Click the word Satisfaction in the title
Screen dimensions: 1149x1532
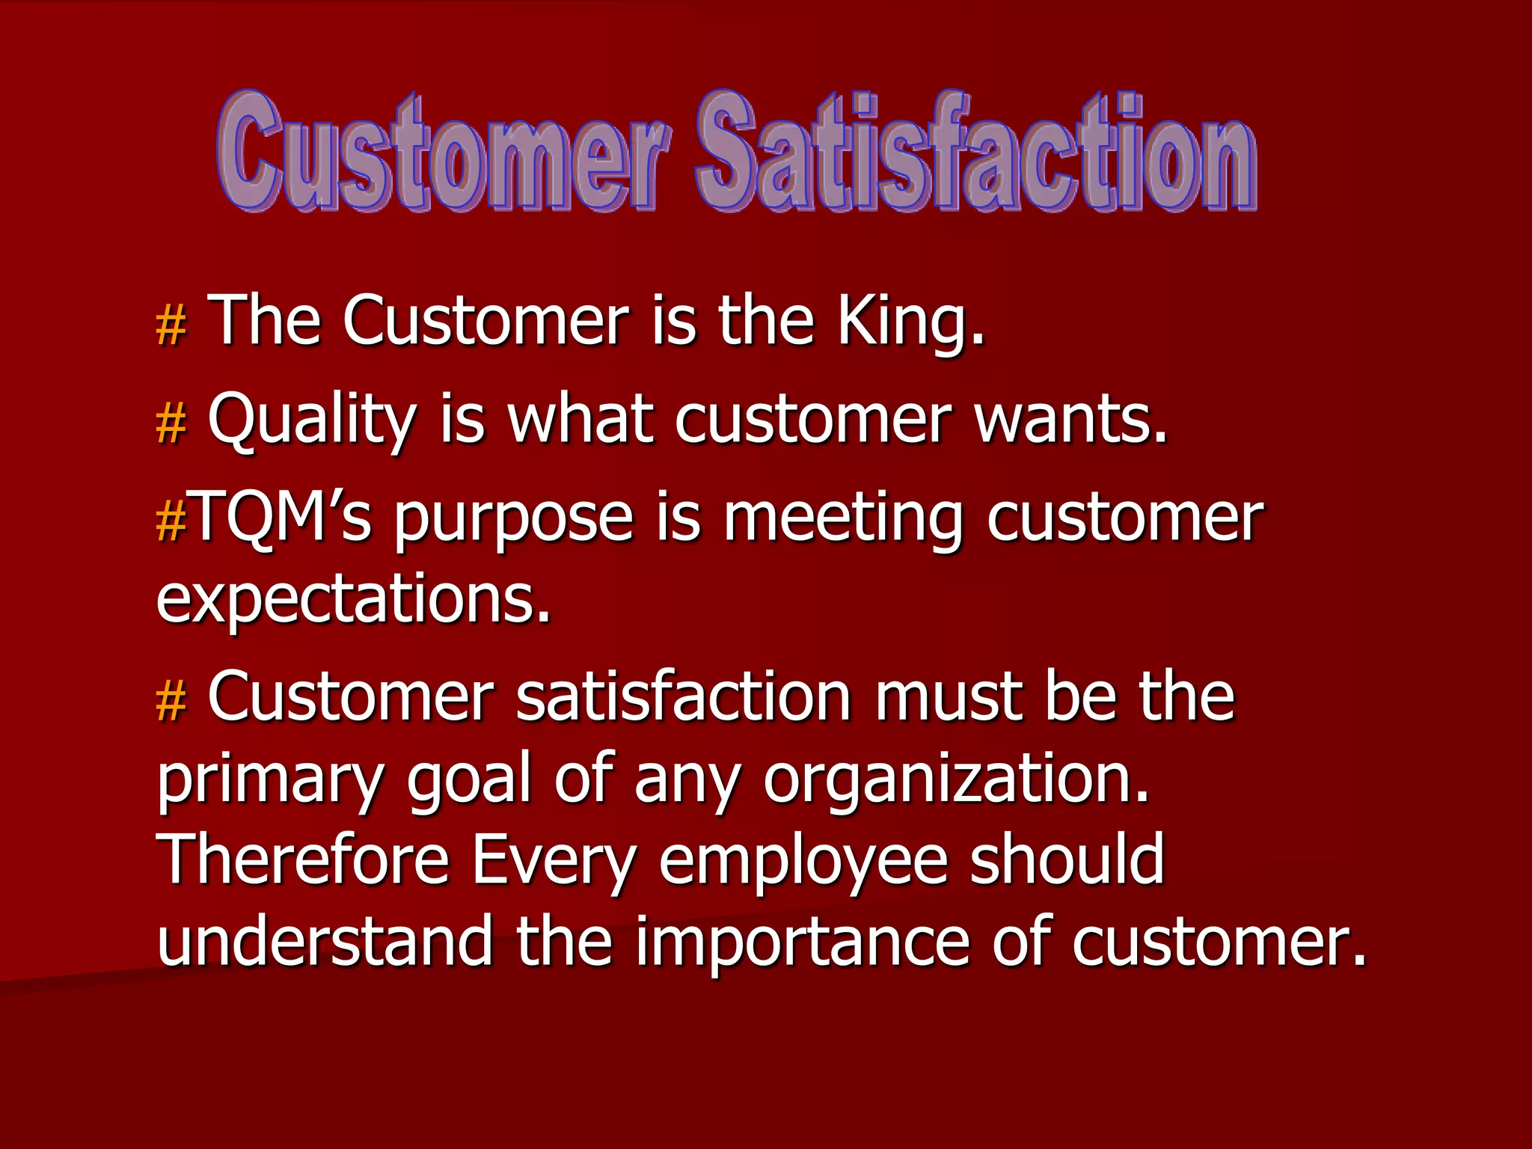975,153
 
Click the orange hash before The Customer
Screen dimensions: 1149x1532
171,326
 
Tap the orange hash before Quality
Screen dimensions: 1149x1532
171,423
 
